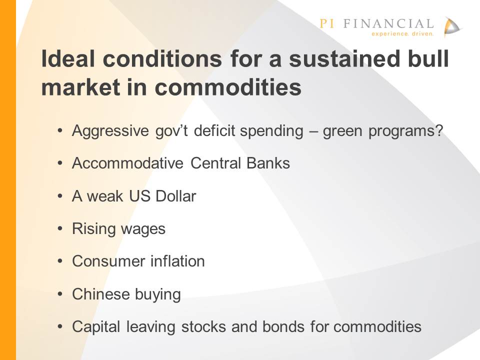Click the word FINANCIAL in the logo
(x=388, y=23)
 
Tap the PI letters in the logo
(x=327, y=23)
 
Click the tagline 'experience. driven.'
(x=402, y=33)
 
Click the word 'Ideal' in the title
(x=67, y=58)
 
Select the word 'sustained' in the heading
(x=344, y=58)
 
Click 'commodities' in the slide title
(x=228, y=87)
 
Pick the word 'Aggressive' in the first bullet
(x=110, y=131)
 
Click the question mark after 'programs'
(x=439, y=130)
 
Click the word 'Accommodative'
(x=127, y=163)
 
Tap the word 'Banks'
(x=268, y=163)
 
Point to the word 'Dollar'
(x=175, y=196)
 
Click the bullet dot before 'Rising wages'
(x=60, y=228)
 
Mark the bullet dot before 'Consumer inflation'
(x=60, y=261)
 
